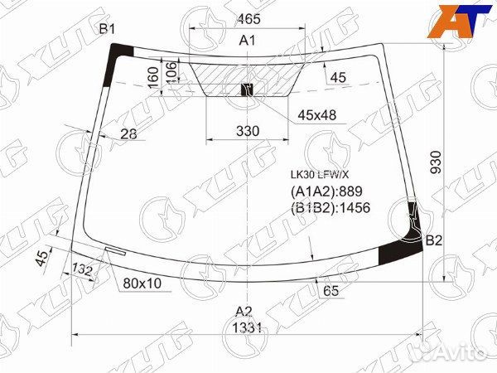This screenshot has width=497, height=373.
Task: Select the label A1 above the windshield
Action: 246,40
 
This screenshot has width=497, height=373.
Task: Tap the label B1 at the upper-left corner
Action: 108,30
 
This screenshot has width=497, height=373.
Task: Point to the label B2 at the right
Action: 434,240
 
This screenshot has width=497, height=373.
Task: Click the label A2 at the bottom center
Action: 243,311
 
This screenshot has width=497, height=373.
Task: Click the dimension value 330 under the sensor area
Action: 247,130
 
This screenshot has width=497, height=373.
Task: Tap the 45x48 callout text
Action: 317,115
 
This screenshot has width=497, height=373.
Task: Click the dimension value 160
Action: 152,76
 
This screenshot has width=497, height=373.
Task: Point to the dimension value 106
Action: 171,72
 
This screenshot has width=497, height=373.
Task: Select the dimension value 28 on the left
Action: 128,133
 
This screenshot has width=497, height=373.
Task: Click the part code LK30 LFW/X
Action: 318,175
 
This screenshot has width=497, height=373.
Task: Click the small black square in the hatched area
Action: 245,89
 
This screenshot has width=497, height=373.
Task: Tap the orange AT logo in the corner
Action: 456,21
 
